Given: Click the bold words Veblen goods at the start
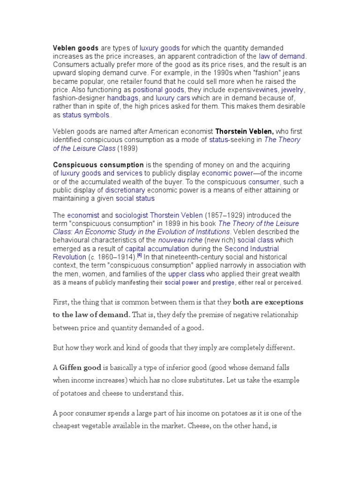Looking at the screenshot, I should tap(76, 48).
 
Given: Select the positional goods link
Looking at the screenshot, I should tap(158, 89).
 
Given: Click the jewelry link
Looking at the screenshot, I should tap(293, 89).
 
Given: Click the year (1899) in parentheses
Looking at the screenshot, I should tap(127, 148).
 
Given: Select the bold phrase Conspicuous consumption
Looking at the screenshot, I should tap(98, 165).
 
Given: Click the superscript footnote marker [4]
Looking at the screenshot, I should tap(139, 256).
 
